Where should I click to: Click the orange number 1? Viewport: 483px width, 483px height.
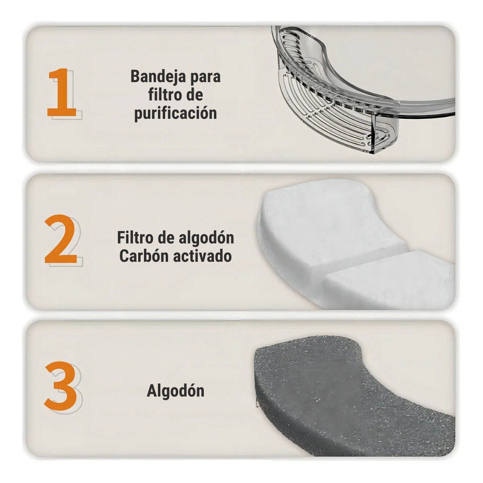[62, 92]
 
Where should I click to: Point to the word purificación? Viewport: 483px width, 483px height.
[176, 113]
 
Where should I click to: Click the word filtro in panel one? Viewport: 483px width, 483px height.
[164, 94]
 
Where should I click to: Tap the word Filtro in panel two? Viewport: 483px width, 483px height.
[135, 238]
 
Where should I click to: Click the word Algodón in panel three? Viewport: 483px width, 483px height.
[176, 391]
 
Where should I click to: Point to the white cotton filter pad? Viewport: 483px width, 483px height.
[348, 243]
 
